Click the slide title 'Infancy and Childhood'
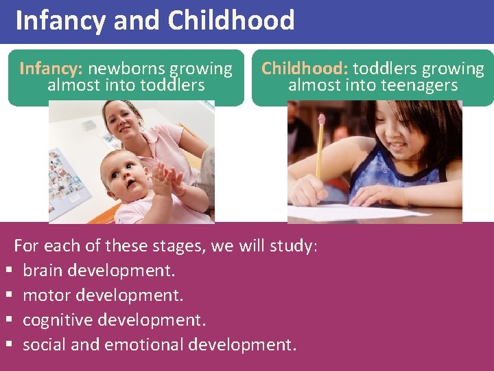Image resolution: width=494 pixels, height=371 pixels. (154, 21)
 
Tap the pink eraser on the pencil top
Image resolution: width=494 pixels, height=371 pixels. (321, 119)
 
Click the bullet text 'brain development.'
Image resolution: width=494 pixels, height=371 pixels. (99, 271)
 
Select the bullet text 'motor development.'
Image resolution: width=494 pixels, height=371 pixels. (103, 295)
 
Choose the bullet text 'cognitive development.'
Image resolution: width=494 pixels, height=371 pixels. (114, 320)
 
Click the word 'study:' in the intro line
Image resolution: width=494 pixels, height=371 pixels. (294, 246)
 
